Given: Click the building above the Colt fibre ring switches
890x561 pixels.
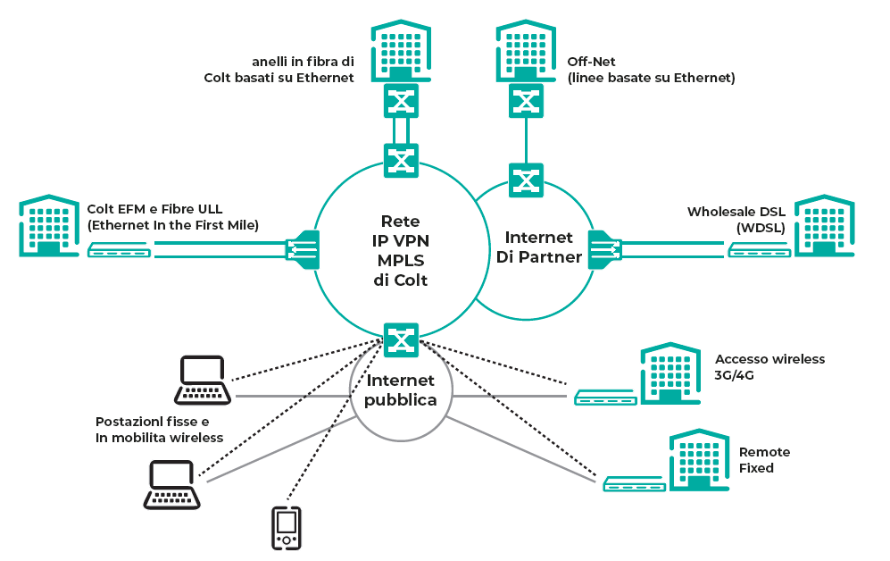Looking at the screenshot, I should (401, 51).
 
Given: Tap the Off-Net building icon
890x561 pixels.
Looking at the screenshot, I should (526, 51).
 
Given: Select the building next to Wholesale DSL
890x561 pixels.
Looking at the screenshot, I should (824, 226).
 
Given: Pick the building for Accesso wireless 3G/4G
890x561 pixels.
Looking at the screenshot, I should (670, 373).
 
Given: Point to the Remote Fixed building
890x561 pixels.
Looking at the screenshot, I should (700, 459).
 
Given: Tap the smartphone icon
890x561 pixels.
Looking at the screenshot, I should (286, 527).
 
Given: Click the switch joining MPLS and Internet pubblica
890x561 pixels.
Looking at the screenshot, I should (401, 339).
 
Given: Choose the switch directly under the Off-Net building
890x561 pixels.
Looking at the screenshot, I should (526, 100).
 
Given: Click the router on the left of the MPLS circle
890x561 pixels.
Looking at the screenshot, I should (303, 247).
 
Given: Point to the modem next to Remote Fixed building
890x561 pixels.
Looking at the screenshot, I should (633, 484).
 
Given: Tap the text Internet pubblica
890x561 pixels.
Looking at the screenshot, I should (401, 390).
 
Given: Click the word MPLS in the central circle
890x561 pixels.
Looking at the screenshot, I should (401, 260).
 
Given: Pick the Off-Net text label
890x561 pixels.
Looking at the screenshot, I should (586, 62).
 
